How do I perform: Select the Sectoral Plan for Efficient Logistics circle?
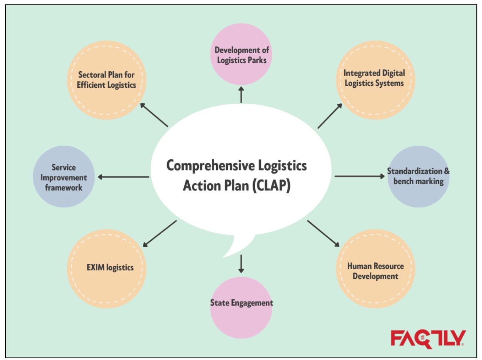[107, 80]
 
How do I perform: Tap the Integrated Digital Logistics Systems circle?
[375, 79]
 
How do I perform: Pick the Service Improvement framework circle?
[64, 177]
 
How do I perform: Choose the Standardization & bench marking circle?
[418, 176]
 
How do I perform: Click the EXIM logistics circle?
[107, 268]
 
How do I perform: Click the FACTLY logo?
[428, 338]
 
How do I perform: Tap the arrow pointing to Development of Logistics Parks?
[241, 94]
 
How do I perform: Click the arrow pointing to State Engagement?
[241, 263]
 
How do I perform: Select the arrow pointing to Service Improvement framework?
[123, 177]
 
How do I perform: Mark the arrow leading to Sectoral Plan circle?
[154, 115]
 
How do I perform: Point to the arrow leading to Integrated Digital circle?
[330, 116]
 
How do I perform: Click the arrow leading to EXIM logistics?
[159, 234]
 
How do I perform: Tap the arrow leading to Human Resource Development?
[323, 233]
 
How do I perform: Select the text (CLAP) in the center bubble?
[271, 186]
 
